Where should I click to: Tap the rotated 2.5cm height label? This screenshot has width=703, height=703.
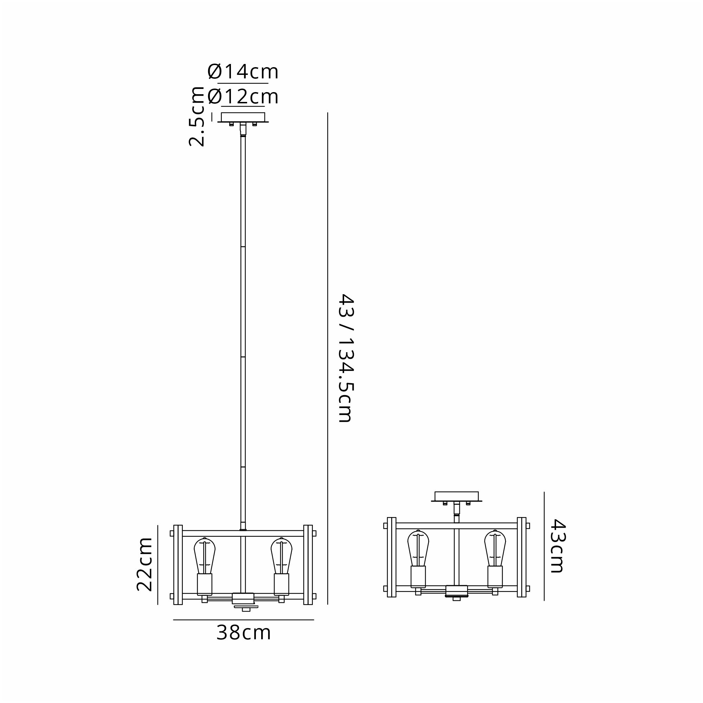[x=196, y=116]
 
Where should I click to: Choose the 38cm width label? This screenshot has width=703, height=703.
[x=244, y=633]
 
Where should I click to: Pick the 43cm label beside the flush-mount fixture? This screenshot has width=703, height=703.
[x=557, y=546]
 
